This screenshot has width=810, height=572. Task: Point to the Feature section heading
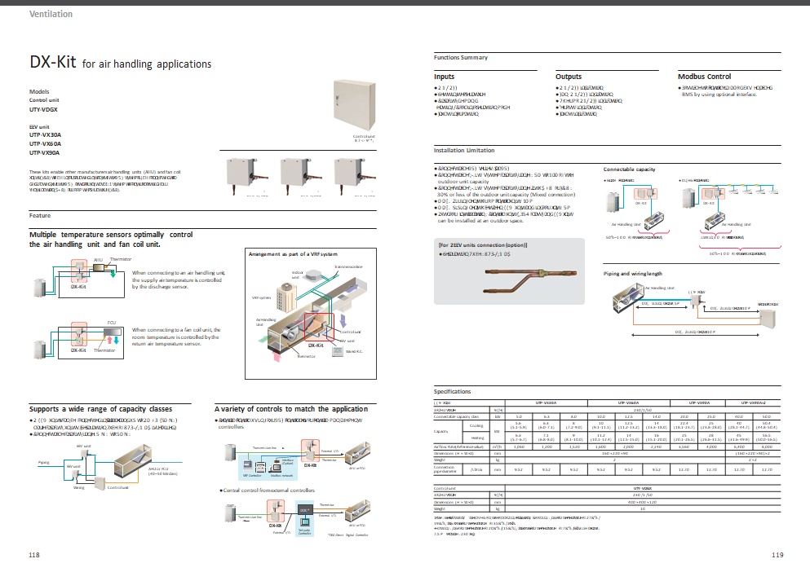(x=40, y=216)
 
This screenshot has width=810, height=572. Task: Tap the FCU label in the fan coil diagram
(x=112, y=323)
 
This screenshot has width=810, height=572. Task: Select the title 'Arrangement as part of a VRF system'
(x=292, y=254)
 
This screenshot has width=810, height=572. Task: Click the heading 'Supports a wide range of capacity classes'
(x=100, y=409)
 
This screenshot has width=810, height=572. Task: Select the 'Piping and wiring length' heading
(x=632, y=274)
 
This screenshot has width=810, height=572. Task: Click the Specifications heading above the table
(x=453, y=392)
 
